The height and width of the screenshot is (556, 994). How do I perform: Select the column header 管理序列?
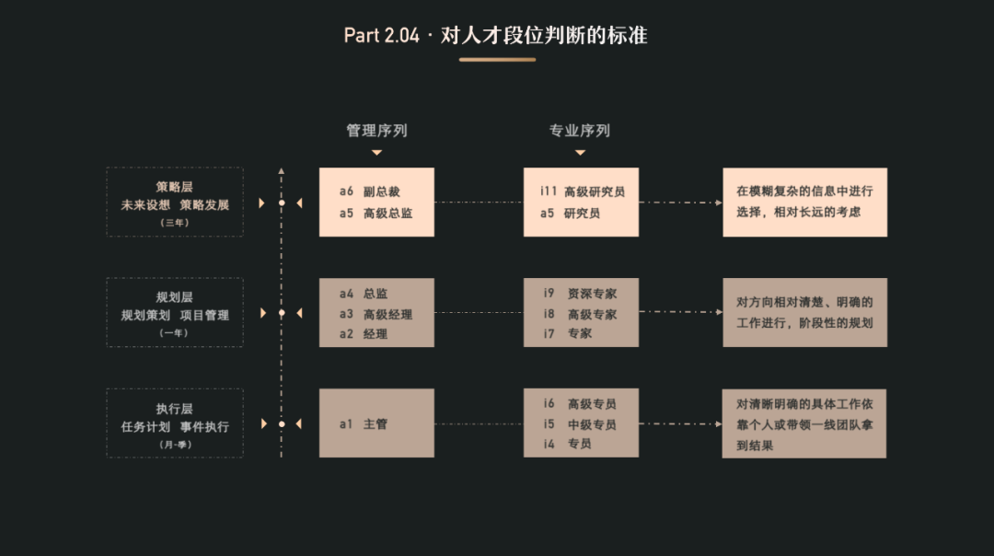coord(376,131)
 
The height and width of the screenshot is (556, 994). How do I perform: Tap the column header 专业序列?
coord(580,131)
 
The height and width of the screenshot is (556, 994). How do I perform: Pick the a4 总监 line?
coord(364,294)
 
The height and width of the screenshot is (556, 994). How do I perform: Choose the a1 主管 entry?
coord(364,424)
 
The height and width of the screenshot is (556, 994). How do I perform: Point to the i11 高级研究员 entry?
coord(583,191)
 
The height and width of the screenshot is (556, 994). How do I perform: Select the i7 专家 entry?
coord(567,333)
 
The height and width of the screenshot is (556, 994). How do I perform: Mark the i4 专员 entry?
coord(567,444)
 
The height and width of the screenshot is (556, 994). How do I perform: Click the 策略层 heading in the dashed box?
coord(175,187)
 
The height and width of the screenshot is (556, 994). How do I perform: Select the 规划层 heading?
coord(175,297)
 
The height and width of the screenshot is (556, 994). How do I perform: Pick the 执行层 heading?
coord(175,409)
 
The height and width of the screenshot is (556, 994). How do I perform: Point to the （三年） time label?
coord(175,223)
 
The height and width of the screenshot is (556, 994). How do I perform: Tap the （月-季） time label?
coord(175,445)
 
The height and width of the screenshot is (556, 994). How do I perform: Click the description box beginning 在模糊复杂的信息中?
coord(804,202)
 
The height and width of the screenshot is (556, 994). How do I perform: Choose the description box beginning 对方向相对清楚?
coord(804,312)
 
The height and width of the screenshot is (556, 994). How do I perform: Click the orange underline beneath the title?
coord(497,60)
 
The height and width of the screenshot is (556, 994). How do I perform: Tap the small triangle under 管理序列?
coord(376,153)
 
